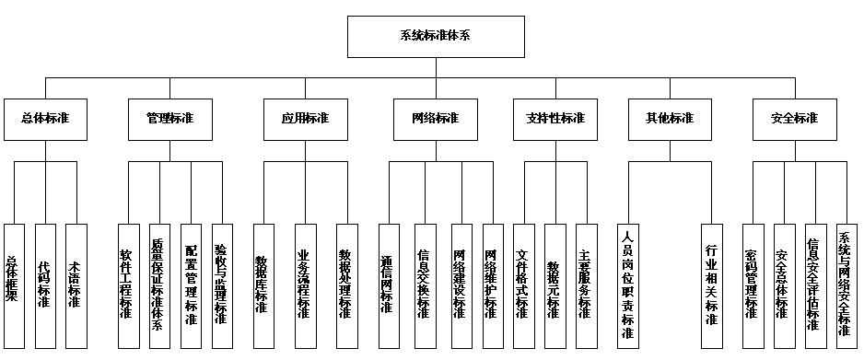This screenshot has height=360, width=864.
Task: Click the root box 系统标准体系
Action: point(435,37)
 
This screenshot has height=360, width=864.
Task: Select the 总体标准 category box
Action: point(46,119)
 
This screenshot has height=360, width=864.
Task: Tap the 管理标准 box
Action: point(171,119)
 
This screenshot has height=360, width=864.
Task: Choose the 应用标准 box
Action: point(303,119)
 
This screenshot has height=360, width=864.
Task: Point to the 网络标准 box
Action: point(434,119)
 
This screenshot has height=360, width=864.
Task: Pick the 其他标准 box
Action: point(669,119)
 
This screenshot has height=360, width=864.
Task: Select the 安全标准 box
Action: point(793,119)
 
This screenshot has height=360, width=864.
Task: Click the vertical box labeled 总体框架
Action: point(14,285)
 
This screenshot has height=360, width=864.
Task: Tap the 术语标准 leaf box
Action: point(76,285)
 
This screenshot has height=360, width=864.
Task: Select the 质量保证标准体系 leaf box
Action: point(159,285)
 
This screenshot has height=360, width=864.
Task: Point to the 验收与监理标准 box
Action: point(222,285)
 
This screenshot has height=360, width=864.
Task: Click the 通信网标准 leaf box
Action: point(388,285)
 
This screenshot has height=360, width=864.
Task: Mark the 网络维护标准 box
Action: point(492,285)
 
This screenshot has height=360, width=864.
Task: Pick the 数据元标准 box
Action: point(553,285)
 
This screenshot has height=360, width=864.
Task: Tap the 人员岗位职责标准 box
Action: point(628,285)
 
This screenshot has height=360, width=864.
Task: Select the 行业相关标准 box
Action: point(710,285)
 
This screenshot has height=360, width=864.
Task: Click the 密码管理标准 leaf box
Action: point(752,285)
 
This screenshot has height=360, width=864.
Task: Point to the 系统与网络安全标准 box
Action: point(844,285)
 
